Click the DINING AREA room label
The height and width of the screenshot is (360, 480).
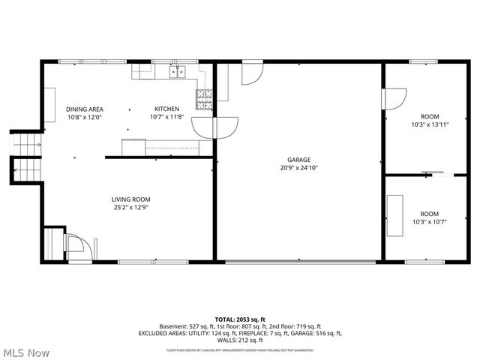(84, 109)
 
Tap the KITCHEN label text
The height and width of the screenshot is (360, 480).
(166, 109)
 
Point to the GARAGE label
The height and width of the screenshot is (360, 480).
(298, 160)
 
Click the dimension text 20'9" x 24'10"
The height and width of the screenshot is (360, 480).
(298, 168)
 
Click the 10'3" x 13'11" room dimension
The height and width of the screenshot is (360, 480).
(430, 125)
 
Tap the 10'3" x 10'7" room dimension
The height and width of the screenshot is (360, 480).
(430, 222)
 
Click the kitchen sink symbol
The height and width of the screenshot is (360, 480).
(178, 72)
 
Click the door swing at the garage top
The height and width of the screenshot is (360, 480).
(251, 73)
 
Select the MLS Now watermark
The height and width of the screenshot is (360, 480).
(25, 352)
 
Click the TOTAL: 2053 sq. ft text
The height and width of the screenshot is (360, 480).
(240, 319)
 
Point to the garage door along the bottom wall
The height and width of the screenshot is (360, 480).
(298, 261)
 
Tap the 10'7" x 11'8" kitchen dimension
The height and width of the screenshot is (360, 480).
(166, 117)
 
